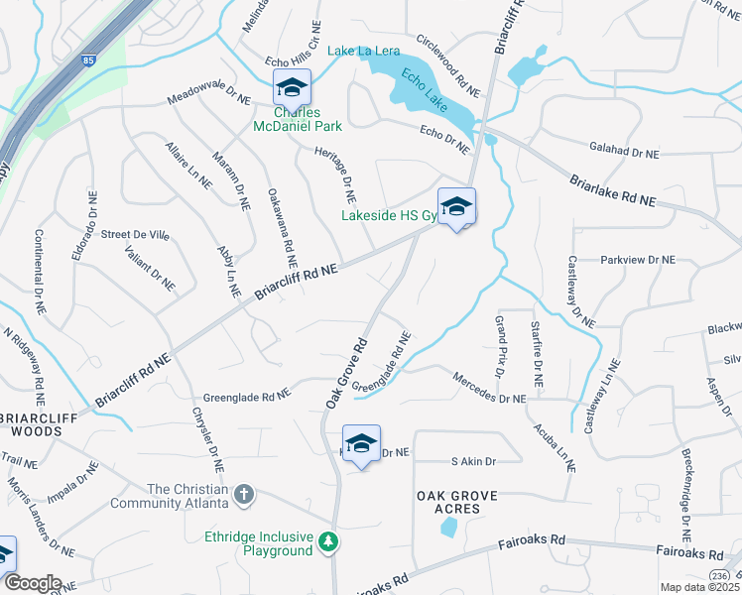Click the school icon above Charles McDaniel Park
click(292, 87)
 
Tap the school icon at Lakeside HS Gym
click(456, 206)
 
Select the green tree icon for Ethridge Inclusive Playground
click(327, 542)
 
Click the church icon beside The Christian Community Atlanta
click(244, 493)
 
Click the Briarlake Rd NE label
click(613, 191)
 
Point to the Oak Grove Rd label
click(346, 373)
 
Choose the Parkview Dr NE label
click(637, 259)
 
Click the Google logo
click(32, 583)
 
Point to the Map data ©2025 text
click(699, 587)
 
